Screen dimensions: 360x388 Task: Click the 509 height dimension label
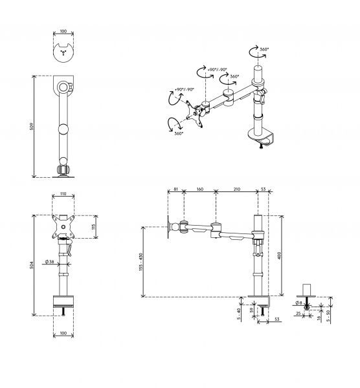pos(32,127)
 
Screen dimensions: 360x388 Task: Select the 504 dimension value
pos(32,265)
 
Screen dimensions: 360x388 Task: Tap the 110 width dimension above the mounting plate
pos(63,194)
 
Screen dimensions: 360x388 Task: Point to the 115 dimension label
pos(93,227)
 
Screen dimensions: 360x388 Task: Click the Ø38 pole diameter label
pos(50,261)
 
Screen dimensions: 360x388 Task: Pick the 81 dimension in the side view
pos(175,189)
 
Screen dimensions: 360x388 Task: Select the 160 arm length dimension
pos(199,189)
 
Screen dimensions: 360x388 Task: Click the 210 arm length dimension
pos(236,189)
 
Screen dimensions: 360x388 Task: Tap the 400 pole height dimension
pos(279,255)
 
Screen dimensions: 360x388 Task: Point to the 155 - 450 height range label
pos(141,262)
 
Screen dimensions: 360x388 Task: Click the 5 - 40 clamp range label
pos(239,314)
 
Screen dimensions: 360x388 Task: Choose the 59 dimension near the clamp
pos(252,309)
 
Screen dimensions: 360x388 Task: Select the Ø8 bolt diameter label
pos(298,303)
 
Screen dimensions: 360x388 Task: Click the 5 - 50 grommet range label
pos(328,316)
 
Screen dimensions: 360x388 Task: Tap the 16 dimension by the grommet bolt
pos(319,317)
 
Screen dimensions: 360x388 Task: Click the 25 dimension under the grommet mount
pos(298,313)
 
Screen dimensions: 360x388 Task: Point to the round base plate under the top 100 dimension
pos(63,53)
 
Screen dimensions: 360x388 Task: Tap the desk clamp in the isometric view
pos(261,136)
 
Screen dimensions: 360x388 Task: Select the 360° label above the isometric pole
pos(264,49)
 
